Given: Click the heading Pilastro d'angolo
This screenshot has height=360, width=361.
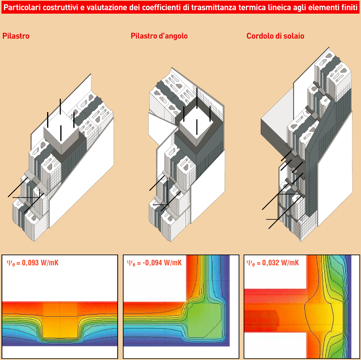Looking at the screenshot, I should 159,36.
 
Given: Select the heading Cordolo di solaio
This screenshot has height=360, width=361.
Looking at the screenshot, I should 275,36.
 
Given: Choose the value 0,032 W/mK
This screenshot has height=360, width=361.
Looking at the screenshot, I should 280,263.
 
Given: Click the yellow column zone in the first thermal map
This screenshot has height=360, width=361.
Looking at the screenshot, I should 60,322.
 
